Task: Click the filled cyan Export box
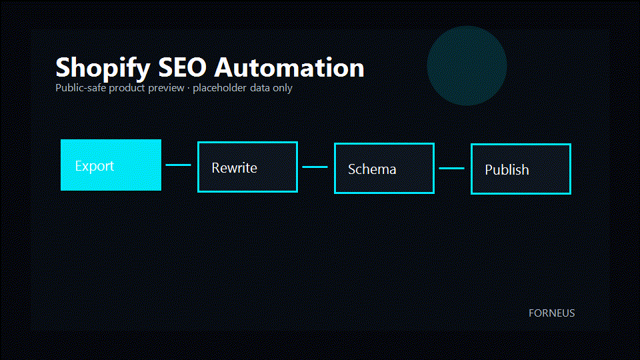click(x=111, y=165)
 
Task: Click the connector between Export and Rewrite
click(x=179, y=165)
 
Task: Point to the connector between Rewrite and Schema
click(x=315, y=167)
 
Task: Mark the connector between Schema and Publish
click(x=451, y=168)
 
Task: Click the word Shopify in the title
click(x=103, y=68)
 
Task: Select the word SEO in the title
click(x=183, y=67)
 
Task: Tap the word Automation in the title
click(x=289, y=67)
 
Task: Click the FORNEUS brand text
click(x=552, y=313)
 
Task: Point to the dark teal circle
click(x=467, y=66)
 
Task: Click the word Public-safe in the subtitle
click(x=81, y=88)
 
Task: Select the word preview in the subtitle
click(x=166, y=89)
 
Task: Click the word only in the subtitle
click(x=283, y=89)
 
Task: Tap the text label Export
click(x=94, y=166)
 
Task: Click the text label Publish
click(x=507, y=170)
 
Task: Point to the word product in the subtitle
click(x=127, y=89)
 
